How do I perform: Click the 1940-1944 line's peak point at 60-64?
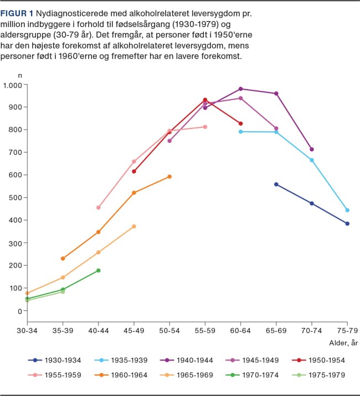[240, 89]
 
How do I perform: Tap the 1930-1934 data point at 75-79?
[347, 224]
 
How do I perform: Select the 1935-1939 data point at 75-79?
[347, 210]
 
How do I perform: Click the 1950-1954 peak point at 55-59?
[205, 100]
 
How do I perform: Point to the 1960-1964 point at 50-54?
[169, 177]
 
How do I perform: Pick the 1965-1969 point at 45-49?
[134, 227]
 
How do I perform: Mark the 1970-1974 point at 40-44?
[98, 270]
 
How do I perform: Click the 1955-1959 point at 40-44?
[98, 208]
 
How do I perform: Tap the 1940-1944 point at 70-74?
[312, 149]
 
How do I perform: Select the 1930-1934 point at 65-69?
[276, 184]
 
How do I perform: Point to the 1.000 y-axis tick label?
[12, 85]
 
